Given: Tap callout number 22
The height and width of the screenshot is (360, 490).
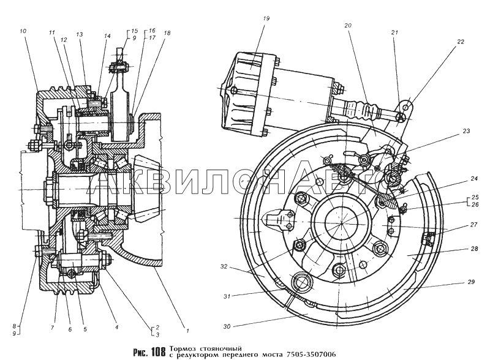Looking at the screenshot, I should coord(461,42).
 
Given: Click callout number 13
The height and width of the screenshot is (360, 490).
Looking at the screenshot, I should coord(80,35).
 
